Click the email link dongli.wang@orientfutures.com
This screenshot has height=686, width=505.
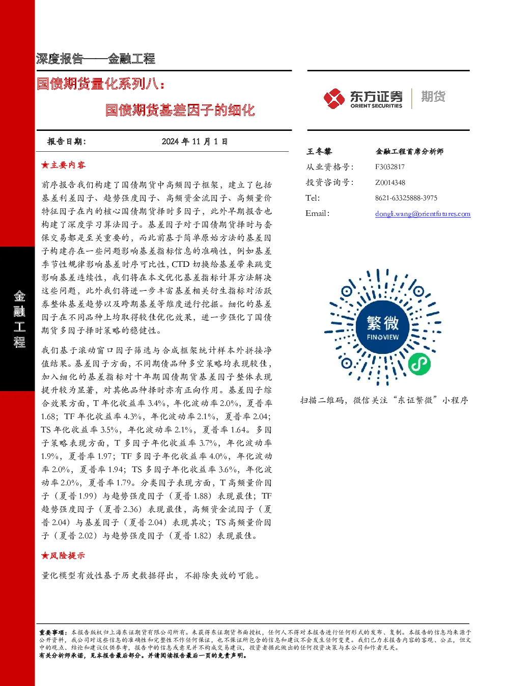(423, 214)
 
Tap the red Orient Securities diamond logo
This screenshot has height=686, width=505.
(334, 98)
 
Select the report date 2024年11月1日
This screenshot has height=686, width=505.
(194, 142)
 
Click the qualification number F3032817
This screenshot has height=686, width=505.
(390, 167)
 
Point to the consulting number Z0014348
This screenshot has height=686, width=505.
(390, 182)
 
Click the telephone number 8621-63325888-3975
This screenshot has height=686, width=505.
(406, 198)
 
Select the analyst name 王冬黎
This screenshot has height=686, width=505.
(319, 151)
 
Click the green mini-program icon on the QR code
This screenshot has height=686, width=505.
(419, 365)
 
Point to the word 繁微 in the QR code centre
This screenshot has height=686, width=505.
(383, 323)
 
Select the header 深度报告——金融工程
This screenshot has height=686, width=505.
(96, 59)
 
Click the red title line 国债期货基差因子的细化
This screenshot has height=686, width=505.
(180, 109)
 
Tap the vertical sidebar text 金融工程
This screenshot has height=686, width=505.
(19, 318)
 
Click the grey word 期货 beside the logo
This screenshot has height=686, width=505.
(433, 96)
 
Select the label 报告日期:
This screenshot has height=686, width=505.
(67, 142)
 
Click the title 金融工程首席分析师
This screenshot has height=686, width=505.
(409, 151)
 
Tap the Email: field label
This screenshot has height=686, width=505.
(317, 213)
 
